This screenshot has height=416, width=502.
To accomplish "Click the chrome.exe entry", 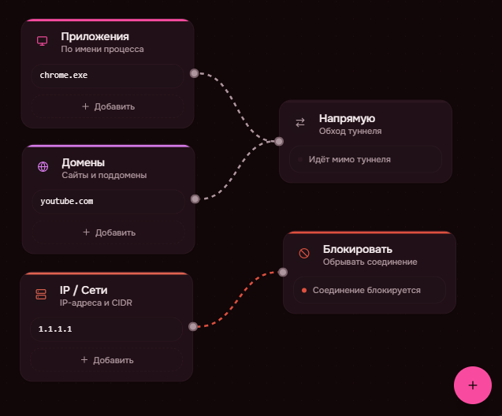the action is click(x=107, y=76).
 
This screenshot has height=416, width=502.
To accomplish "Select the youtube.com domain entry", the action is click(x=108, y=201).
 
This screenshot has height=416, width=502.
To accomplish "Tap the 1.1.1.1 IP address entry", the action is click(x=106, y=329).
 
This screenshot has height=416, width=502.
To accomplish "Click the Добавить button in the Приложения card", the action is click(x=107, y=106).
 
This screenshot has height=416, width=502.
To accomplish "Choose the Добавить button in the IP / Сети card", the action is click(x=106, y=360).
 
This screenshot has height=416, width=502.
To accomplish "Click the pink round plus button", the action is click(x=473, y=385).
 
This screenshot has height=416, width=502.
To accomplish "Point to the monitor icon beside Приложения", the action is click(x=43, y=41).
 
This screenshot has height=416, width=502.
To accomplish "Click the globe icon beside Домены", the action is click(x=43, y=167).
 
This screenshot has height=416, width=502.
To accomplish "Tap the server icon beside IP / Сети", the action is click(x=41, y=295).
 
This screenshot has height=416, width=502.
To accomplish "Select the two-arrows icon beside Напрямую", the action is click(x=300, y=123).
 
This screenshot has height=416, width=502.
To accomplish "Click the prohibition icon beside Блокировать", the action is click(x=304, y=254).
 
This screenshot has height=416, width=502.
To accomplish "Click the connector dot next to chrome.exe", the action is click(x=195, y=73).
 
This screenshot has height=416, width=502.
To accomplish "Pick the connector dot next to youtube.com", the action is click(x=195, y=199).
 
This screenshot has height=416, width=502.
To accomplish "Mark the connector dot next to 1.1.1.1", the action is click(x=193, y=326).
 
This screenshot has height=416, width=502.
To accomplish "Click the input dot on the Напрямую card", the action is click(x=279, y=142).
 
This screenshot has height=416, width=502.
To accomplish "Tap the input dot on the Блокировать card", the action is click(x=283, y=273).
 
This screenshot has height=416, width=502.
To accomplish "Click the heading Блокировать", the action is click(x=358, y=249).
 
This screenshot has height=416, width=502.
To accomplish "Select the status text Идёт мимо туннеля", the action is click(x=350, y=159).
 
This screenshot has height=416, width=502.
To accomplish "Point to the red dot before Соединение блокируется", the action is click(x=304, y=290).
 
